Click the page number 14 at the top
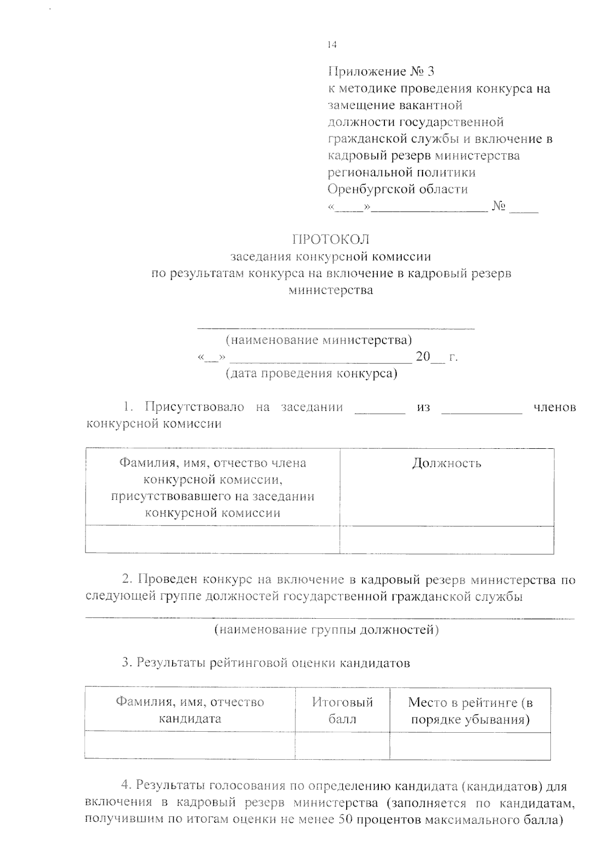[x=332, y=45]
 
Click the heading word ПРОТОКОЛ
[x=330, y=239]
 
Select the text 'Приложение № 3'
[x=381, y=71]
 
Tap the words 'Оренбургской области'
[x=398, y=189]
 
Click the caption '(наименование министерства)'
[x=319, y=339]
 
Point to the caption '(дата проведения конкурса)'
[x=311, y=373]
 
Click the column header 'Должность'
[x=447, y=463]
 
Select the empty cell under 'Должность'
[x=447, y=539]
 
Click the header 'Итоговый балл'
[x=342, y=710]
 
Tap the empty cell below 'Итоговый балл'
[x=342, y=745]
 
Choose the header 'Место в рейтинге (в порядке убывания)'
[x=470, y=711]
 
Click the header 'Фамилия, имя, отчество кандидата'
[x=190, y=710]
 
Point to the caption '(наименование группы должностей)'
[x=326, y=630]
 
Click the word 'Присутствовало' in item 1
[x=195, y=407]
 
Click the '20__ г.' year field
[x=437, y=357]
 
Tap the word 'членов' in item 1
[x=555, y=407]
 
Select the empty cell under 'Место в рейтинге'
[x=470, y=745]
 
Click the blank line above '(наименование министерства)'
[x=336, y=328]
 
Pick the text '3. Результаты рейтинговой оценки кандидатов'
[x=266, y=663]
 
